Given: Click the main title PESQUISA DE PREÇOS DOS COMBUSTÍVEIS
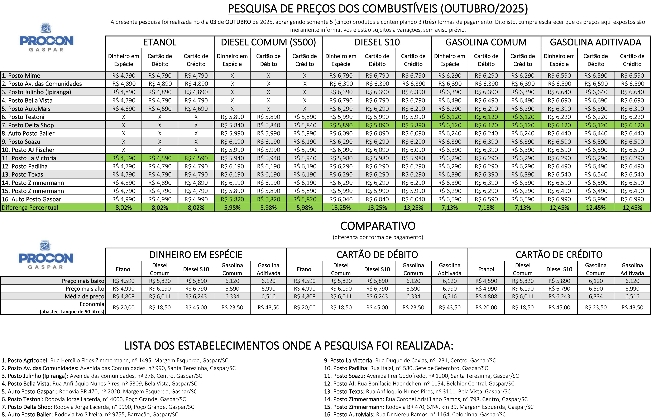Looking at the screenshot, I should pos(378,9).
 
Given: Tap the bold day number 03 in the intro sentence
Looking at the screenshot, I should pos(213,22).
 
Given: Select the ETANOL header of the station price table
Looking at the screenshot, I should pos(160,42).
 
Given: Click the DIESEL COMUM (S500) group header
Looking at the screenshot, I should pos(268,42).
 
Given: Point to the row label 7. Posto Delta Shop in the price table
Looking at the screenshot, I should pos(28,125).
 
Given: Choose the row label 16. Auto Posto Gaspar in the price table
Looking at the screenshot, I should pos(32,199).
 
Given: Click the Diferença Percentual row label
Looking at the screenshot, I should pos(30,208).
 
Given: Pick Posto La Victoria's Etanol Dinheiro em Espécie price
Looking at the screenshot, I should pos(124,158).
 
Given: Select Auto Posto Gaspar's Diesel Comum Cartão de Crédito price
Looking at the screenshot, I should pos(305,199).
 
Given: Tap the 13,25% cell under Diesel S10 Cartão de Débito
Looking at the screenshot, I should pos(377,208).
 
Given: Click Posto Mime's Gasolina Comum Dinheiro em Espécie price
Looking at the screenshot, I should pos(450,76).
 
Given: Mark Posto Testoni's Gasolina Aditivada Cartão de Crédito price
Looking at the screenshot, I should pos(632,117).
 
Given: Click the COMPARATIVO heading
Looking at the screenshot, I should pos(378,226).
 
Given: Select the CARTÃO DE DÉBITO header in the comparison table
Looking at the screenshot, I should pos(377,255).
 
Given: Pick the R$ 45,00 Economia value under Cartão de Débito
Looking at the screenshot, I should pos(377,307).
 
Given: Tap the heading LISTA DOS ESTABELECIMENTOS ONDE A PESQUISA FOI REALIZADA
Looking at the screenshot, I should pos(289,346).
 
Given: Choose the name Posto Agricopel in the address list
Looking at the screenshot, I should pos(28,360).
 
